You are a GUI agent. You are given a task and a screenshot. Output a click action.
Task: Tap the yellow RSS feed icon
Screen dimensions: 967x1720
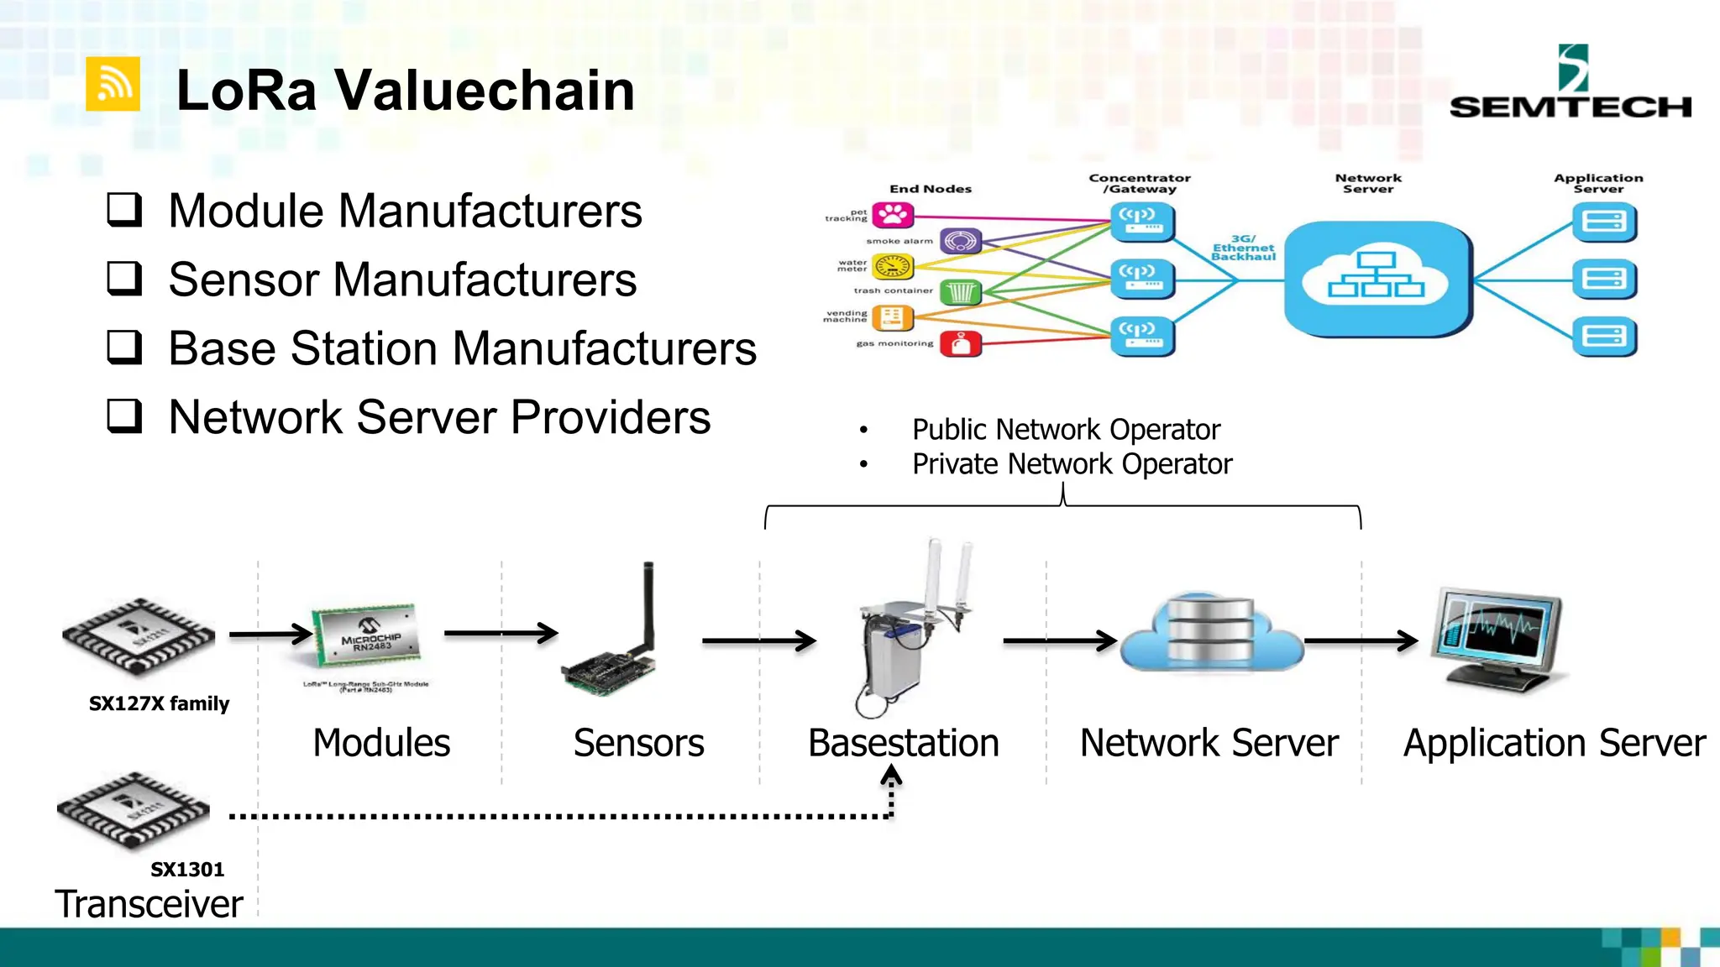click(x=113, y=84)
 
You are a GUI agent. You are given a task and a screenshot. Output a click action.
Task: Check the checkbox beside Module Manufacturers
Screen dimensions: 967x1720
click(x=124, y=210)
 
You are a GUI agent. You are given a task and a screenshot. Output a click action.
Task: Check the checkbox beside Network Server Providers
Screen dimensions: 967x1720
click(x=124, y=416)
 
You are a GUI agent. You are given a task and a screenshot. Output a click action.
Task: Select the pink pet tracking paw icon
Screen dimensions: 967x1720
click(x=892, y=216)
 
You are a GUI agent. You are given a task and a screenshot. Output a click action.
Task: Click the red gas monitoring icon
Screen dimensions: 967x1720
click(x=961, y=343)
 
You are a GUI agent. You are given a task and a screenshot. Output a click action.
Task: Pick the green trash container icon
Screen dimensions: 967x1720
click(x=961, y=292)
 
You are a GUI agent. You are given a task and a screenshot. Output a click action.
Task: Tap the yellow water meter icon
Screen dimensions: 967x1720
click(x=892, y=267)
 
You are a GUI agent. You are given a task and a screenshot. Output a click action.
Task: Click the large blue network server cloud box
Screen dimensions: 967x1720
click(x=1377, y=279)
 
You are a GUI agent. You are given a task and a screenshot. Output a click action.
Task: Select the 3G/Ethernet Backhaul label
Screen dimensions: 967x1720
click(x=1243, y=248)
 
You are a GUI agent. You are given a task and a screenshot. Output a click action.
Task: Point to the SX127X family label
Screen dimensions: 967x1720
click(x=159, y=703)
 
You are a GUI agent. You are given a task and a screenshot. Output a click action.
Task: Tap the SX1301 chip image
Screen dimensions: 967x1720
click(x=133, y=809)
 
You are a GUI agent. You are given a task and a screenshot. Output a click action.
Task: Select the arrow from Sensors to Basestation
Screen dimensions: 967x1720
click(x=758, y=641)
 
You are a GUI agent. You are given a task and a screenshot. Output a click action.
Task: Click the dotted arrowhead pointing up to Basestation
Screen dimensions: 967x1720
click(x=891, y=777)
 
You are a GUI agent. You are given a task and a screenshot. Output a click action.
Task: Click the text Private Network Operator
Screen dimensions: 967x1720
click(x=1072, y=464)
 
